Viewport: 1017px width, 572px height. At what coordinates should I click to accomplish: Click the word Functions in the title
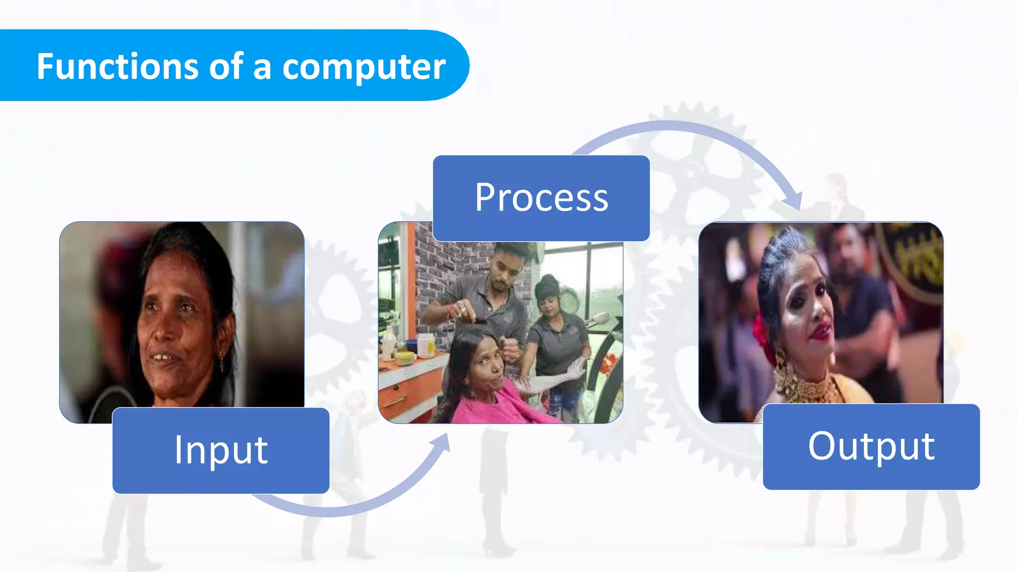click(117, 67)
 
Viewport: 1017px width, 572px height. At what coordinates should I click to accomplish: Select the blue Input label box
click(220, 450)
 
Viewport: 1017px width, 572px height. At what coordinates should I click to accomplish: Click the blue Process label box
click(541, 198)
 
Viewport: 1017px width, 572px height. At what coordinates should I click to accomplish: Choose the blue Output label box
click(871, 446)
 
